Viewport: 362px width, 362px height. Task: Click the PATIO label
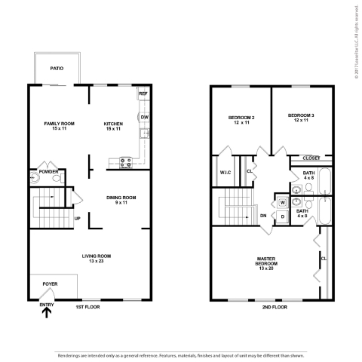click(x=57, y=69)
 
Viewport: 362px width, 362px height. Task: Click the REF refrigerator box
click(x=143, y=94)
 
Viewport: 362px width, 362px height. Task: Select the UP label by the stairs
click(x=77, y=219)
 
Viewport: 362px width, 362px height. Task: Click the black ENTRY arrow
click(x=47, y=312)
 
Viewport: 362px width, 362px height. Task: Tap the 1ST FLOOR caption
click(x=88, y=307)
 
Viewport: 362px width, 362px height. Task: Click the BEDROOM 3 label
click(x=300, y=118)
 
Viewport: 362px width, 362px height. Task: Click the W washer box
click(x=283, y=202)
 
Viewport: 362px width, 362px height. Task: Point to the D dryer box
click(x=282, y=217)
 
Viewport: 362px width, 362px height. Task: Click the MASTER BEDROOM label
click(x=267, y=262)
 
